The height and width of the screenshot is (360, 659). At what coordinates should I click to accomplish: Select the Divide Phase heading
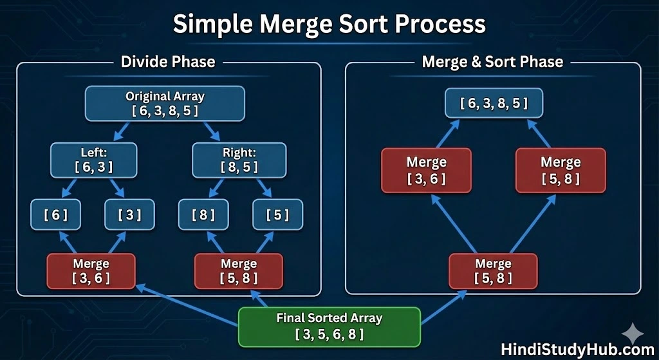pos(168,62)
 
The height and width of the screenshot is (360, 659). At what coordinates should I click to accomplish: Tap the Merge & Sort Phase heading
pos(492,62)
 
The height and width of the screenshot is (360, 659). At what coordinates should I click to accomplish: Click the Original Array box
pos(165,104)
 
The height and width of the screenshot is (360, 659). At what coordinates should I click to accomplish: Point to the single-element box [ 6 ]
pos(55,215)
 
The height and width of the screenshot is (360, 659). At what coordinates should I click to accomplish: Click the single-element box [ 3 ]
pos(129,215)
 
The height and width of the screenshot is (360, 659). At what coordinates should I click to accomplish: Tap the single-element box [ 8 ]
pos(203,215)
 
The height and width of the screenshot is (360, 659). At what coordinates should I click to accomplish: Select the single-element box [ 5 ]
pos(277,215)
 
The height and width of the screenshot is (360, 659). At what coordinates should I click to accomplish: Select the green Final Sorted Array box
pos(329,327)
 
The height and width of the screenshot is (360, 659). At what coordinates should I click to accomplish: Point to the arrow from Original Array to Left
pos(123,132)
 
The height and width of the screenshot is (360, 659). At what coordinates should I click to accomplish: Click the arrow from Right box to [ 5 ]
pos(264,187)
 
